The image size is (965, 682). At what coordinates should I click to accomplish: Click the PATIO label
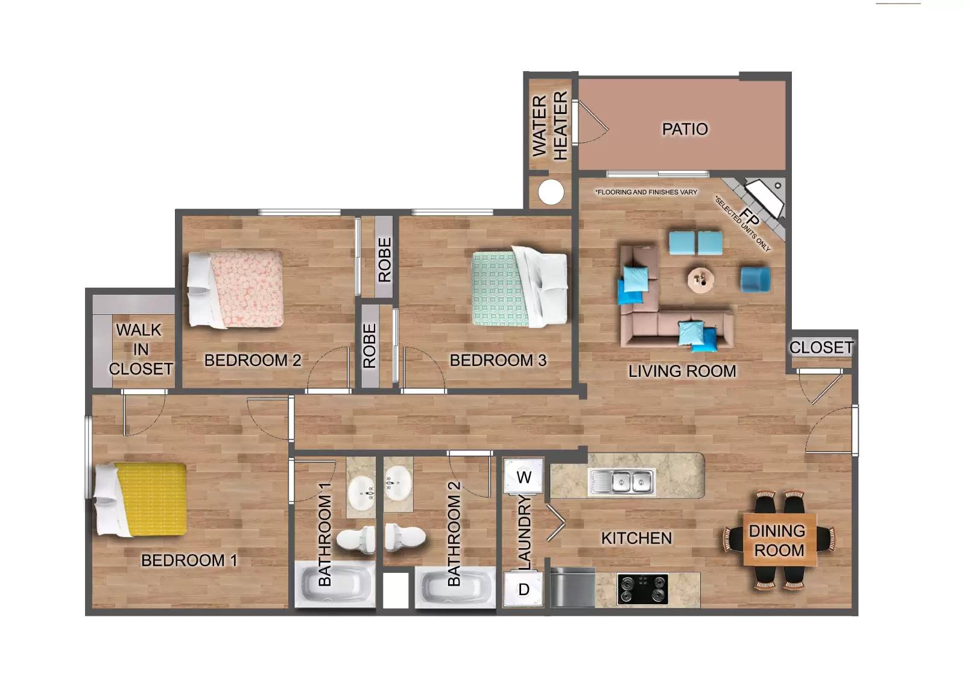[x=685, y=129]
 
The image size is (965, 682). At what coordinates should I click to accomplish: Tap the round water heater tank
[x=551, y=192]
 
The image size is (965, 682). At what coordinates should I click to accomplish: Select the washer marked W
[x=524, y=476]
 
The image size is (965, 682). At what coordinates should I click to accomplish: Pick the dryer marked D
[x=524, y=589]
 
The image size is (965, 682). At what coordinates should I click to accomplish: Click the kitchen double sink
[x=622, y=482]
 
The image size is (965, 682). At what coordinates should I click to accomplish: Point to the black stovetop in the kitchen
[x=642, y=589]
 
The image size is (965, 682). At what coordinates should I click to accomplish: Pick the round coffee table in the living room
[x=701, y=279]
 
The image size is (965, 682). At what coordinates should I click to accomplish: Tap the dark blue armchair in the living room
[x=755, y=279]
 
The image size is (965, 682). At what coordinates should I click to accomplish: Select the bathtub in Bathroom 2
[x=455, y=587]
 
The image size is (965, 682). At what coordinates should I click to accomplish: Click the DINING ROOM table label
[x=779, y=540]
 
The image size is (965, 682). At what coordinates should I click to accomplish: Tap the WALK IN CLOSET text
[x=141, y=349]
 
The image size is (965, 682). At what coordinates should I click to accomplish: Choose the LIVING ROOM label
[x=682, y=371]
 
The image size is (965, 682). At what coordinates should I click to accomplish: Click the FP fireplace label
[x=749, y=217]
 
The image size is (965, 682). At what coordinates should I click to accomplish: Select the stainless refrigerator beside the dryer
[x=572, y=587]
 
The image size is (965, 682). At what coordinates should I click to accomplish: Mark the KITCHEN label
[x=636, y=538]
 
